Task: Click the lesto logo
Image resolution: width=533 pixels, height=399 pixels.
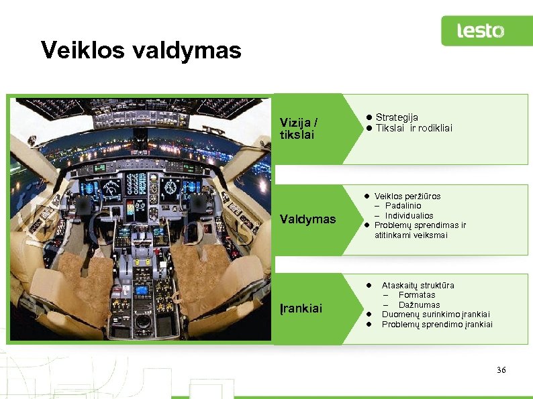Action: (481, 31)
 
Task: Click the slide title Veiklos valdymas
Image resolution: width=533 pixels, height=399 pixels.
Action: (141, 50)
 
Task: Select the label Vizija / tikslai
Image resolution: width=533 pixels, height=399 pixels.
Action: (299, 129)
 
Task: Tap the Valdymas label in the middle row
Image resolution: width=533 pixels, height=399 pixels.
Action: (307, 219)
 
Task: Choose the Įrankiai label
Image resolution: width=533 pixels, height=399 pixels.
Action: (301, 308)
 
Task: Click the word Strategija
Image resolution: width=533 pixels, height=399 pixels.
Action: (397, 117)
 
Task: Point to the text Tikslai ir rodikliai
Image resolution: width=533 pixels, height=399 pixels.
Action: (414, 128)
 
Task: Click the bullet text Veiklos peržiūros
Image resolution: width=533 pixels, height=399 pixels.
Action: (407, 196)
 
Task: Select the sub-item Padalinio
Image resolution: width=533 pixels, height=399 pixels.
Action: (403, 206)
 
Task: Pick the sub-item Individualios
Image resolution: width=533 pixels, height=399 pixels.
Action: (409, 216)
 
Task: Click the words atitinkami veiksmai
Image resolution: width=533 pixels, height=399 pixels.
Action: (410, 235)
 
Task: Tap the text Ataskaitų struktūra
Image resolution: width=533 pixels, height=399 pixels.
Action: (418, 285)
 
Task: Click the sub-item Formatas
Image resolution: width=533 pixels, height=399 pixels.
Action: (416, 295)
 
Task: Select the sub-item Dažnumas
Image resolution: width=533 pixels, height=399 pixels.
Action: (419, 305)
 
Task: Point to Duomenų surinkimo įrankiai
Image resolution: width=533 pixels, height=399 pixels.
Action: (436, 315)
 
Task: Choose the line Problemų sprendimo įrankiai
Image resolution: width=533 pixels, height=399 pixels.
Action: (437, 325)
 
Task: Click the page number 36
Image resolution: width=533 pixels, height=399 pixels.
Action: (501, 371)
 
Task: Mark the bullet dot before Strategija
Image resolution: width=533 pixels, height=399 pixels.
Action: (369, 117)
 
